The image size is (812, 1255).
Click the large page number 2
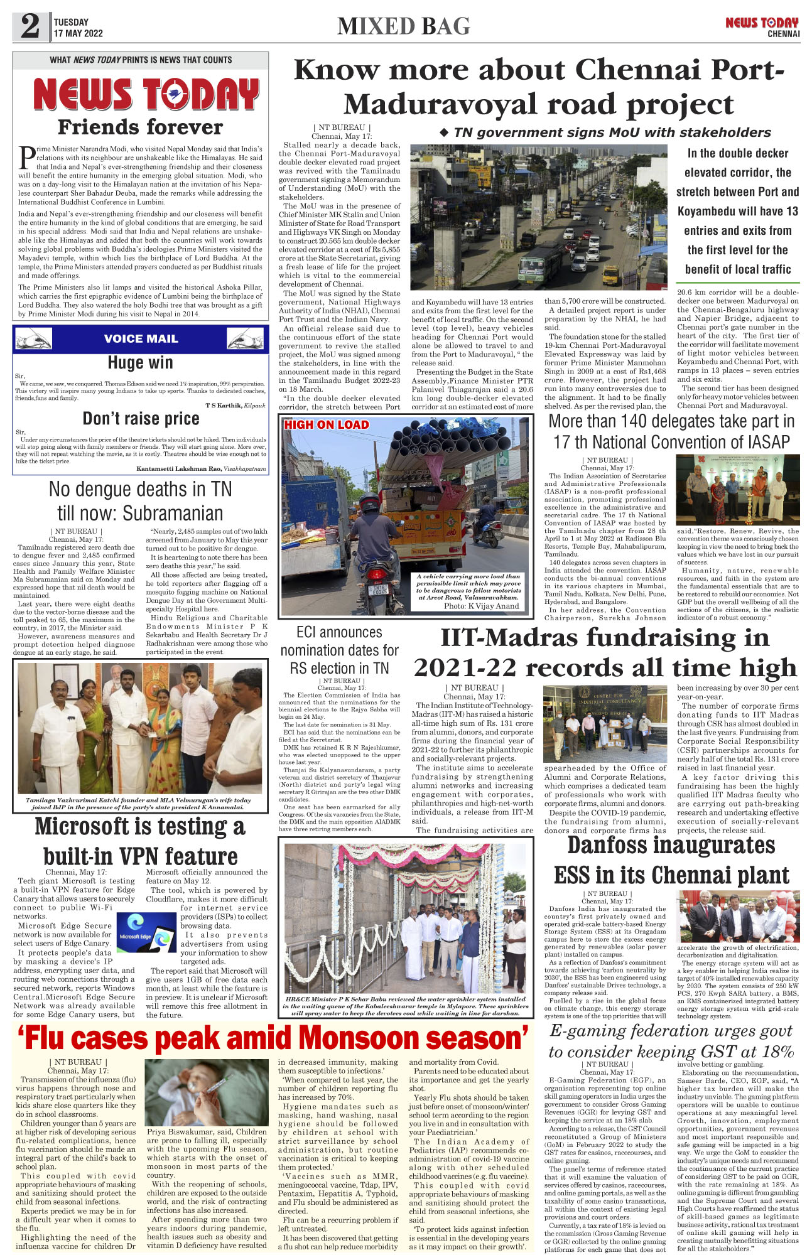[x=30, y=26]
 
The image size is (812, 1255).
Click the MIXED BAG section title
[x=403, y=26]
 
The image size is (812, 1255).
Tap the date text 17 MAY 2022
[x=78, y=33]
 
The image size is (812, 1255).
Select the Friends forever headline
[x=140, y=127]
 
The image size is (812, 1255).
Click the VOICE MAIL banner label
[x=141, y=339]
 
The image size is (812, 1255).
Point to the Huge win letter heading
[x=140, y=363]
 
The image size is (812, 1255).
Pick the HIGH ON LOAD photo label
[x=326, y=425]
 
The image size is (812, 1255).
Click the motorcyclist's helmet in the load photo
[x=370, y=503]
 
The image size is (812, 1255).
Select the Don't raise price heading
[x=141, y=419]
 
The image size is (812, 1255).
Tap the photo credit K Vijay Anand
[x=481, y=606]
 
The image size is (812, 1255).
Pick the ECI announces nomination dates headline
[x=339, y=650]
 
